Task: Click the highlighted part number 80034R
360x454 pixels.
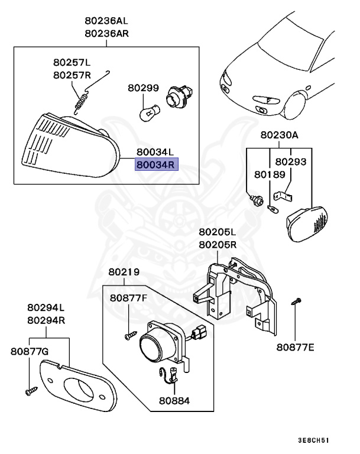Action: click(156, 165)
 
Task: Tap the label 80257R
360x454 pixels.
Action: click(72, 75)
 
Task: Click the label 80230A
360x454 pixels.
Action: click(280, 135)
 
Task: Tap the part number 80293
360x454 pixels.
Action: click(291, 161)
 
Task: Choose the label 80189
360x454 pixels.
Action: click(270, 175)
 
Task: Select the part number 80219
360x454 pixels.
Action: click(124, 273)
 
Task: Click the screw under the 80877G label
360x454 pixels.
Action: click(30, 390)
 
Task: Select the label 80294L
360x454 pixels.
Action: click(46, 308)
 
